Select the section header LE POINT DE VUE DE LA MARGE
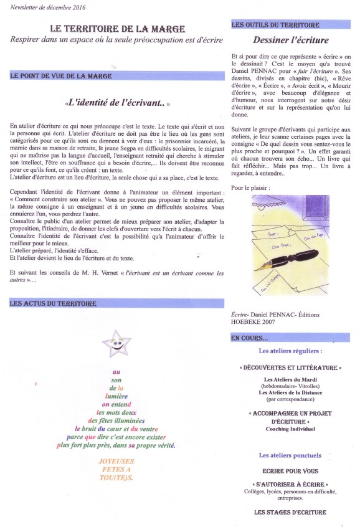[x=61, y=76]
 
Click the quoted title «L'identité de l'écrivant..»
[x=117, y=102]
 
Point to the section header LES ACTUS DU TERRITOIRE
[x=54, y=303]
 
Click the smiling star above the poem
[x=116, y=342]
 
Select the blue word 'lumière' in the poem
[x=116, y=395]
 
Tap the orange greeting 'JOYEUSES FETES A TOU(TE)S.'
[x=116, y=468]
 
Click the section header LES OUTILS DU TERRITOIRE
[x=275, y=26]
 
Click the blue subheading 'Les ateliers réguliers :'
[x=290, y=351]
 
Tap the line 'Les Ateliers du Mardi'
[x=290, y=379]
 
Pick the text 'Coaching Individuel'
[x=290, y=429]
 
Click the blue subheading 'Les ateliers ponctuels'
[x=290, y=455]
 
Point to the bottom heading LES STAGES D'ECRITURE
[x=290, y=512]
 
